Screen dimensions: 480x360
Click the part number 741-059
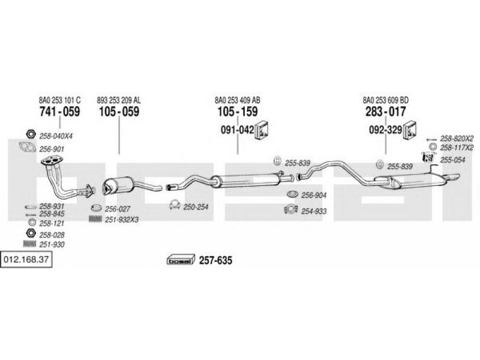(59, 112)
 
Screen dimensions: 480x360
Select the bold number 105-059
(119, 112)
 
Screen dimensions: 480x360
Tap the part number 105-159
(238, 112)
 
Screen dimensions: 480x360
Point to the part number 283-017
(385, 112)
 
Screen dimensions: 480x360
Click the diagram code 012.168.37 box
(26, 260)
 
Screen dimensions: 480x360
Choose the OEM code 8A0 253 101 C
(59, 100)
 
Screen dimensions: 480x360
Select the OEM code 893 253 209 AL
(119, 100)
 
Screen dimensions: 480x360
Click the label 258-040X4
(56, 136)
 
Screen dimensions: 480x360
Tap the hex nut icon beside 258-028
(31, 233)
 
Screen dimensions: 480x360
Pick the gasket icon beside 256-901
(28, 147)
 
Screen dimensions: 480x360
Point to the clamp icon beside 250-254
(175, 205)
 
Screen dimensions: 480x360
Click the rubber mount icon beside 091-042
(262, 130)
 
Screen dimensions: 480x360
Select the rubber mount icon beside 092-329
(410, 130)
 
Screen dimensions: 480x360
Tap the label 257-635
(215, 260)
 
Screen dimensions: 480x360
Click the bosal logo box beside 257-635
(181, 260)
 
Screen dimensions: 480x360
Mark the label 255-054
(452, 160)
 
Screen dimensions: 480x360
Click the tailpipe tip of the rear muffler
(454, 176)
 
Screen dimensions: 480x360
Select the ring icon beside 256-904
(293, 194)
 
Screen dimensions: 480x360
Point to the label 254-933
(314, 211)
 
